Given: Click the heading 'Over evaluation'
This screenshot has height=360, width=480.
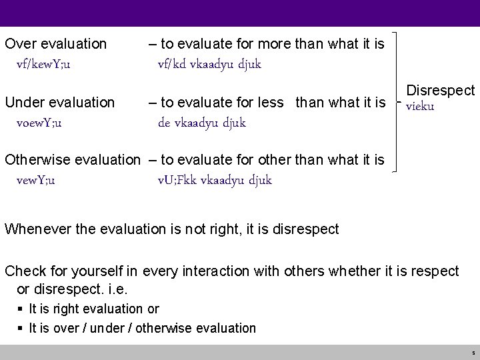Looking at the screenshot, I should (x=55, y=44).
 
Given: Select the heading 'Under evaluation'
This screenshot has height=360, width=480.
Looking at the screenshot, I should (x=59, y=103).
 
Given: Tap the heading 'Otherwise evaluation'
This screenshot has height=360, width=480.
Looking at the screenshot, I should (x=73, y=161).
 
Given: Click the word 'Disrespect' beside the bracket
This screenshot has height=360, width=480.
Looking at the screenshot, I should (x=441, y=91).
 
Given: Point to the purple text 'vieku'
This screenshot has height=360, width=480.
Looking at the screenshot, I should (x=420, y=107).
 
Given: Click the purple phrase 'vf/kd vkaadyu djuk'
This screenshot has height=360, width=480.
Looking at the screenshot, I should (x=209, y=65).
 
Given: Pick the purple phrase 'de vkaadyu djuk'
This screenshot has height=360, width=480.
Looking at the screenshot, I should (x=202, y=123).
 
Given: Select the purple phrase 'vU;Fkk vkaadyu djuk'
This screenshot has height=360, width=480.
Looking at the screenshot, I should (x=215, y=181).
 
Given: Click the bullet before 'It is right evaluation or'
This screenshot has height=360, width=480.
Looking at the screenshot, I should (x=23, y=309).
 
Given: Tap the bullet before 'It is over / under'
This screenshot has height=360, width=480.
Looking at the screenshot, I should (x=23, y=328).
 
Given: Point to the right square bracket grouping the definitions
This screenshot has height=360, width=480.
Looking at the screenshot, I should (x=398, y=100).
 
